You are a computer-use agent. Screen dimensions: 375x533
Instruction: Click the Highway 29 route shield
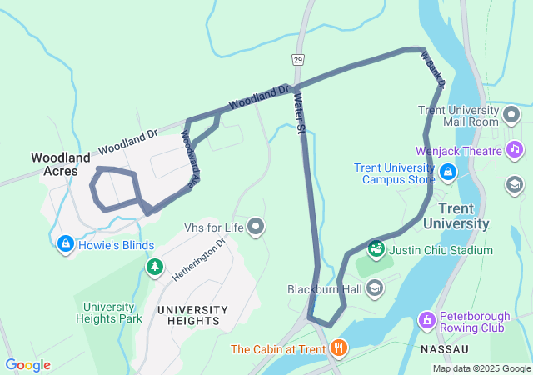point(297,60)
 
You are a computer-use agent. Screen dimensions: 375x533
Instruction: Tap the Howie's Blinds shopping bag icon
point(65,244)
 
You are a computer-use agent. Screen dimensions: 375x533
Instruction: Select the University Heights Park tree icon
point(154,267)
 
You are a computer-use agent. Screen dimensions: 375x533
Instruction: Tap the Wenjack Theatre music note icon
point(515,150)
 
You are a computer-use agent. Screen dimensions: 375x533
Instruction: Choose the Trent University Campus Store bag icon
point(448,172)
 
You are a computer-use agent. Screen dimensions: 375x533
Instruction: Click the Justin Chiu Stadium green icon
point(376,248)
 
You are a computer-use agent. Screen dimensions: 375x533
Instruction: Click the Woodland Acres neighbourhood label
point(61,164)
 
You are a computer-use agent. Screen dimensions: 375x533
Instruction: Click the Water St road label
point(301,114)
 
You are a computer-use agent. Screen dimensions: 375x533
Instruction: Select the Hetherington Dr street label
point(199,259)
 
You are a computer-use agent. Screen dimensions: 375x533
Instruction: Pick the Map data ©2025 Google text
point(481,368)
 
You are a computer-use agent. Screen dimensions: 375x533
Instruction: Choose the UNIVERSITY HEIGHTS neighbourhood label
point(188,315)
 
